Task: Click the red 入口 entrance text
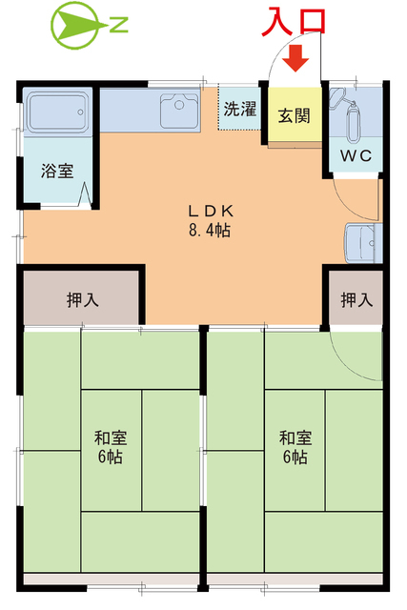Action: [296, 22]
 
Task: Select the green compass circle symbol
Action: [74, 26]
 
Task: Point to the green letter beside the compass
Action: [119, 26]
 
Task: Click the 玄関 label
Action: [294, 116]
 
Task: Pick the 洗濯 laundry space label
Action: [240, 109]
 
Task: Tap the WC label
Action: [356, 155]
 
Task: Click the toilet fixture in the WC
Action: [355, 119]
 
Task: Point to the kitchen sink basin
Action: [177, 110]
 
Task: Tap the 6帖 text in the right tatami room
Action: [295, 457]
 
